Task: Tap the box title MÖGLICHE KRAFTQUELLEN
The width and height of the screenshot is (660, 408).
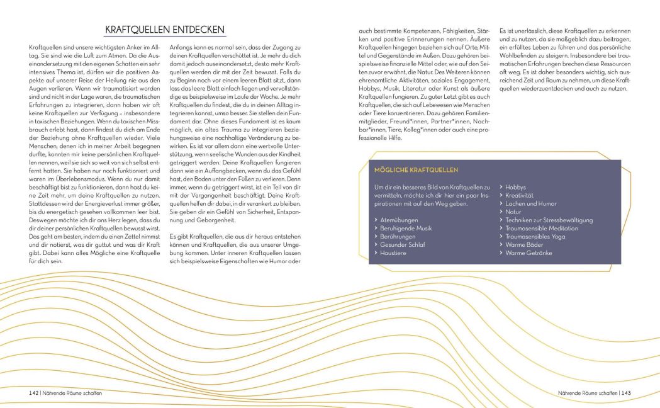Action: (x=416, y=170)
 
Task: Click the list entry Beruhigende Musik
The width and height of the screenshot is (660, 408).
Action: (x=406, y=228)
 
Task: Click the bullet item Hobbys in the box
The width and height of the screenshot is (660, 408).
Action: (x=515, y=187)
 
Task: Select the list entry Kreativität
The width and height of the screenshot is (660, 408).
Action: (x=519, y=195)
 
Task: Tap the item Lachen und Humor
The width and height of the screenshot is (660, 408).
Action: (x=531, y=203)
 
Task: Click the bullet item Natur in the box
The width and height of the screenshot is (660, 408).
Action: (x=513, y=212)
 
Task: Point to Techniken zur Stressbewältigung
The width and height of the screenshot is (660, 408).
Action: (x=549, y=220)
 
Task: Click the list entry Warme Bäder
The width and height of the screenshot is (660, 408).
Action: (x=524, y=244)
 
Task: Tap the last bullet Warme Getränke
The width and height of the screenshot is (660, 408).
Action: (x=529, y=252)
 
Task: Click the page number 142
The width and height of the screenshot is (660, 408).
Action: (x=34, y=393)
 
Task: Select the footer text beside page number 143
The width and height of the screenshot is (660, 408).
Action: (x=586, y=393)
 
